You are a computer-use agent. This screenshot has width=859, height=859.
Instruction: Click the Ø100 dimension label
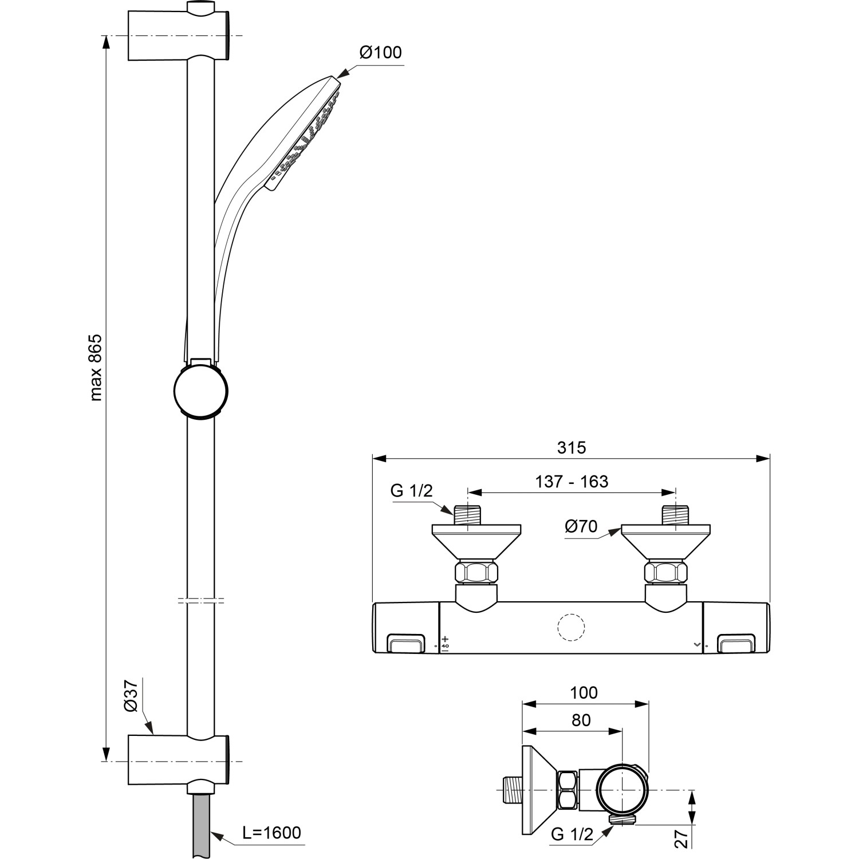pyautogui.click(x=380, y=53)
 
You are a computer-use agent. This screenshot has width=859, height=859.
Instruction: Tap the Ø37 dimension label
pyautogui.click(x=131, y=695)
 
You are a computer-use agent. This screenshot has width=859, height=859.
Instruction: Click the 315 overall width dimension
pyautogui.click(x=572, y=447)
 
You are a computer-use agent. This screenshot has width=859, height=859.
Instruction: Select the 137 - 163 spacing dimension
pyautogui.click(x=572, y=482)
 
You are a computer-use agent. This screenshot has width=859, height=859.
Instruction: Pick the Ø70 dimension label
pyautogui.click(x=581, y=526)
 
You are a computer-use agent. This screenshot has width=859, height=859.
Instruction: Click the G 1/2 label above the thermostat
pyautogui.click(x=411, y=491)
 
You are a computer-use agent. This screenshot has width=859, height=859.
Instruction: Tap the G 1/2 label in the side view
pyautogui.click(x=572, y=834)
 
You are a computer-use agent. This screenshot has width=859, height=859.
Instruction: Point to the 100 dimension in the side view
pyautogui.click(x=584, y=693)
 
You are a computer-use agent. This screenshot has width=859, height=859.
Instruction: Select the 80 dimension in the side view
pyautogui.click(x=581, y=720)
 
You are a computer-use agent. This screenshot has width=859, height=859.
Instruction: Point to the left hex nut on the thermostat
pyautogui.click(x=476, y=572)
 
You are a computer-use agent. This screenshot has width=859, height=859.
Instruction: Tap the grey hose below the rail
pyautogui.click(x=201, y=825)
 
